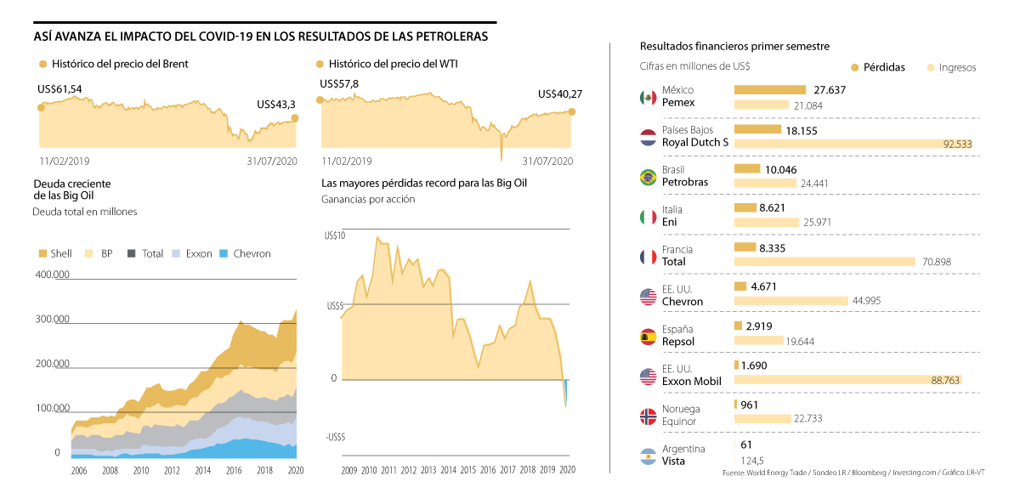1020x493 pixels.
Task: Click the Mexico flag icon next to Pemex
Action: pyautogui.click(x=648, y=98)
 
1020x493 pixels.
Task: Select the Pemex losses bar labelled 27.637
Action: pyautogui.click(x=769, y=89)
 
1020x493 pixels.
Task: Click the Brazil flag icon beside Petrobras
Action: pyautogui.click(x=648, y=177)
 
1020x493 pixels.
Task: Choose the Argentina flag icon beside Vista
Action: pyautogui.click(x=648, y=456)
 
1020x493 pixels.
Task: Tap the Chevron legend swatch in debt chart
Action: pyautogui.click(x=224, y=253)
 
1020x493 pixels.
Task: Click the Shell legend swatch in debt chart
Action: pyautogui.click(x=42, y=253)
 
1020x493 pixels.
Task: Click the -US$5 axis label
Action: pyautogui.click(x=335, y=437)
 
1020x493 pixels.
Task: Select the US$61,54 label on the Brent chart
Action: pyautogui.click(x=59, y=89)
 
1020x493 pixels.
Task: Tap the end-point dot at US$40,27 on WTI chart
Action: pyautogui.click(x=572, y=111)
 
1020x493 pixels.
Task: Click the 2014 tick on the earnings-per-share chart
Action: pyautogui.click(x=448, y=470)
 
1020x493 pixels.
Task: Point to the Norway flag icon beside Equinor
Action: pyautogui.click(x=648, y=416)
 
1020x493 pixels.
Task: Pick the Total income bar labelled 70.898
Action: pyautogui.click(x=824, y=262)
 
